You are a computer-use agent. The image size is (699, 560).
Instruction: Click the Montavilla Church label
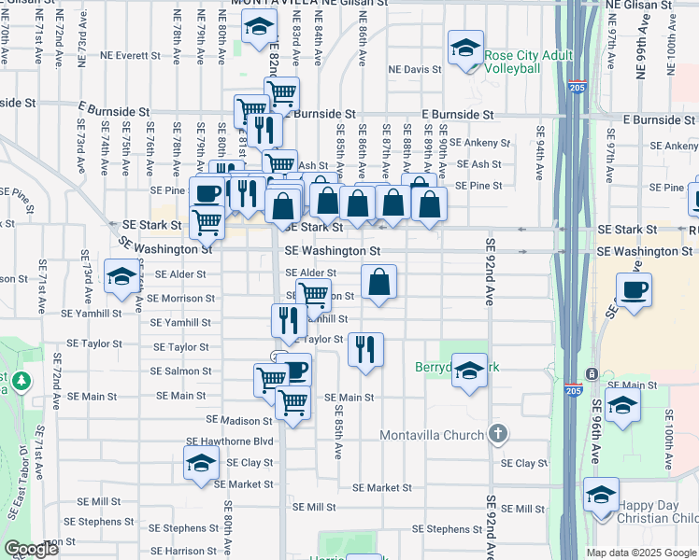[432, 435]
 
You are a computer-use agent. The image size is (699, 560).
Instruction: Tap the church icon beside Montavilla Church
[498, 434]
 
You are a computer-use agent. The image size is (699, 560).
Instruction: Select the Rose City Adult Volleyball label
[528, 63]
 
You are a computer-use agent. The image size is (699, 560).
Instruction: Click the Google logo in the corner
[31, 549]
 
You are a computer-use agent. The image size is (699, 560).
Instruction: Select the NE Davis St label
[415, 69]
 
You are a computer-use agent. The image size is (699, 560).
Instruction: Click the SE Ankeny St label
[479, 143]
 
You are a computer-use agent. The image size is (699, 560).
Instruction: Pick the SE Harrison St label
[187, 551]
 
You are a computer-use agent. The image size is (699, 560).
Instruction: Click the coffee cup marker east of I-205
[635, 289]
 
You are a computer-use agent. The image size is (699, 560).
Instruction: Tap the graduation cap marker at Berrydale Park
[469, 370]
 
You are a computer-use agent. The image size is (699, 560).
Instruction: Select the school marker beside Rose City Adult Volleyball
[465, 49]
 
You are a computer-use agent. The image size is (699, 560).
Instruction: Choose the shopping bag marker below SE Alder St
[378, 282]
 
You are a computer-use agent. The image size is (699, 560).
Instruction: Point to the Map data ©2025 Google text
[641, 553]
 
